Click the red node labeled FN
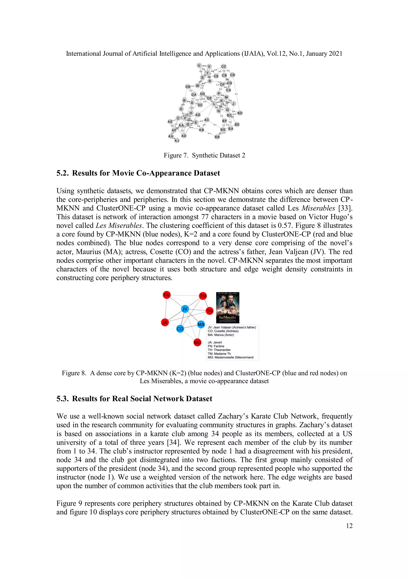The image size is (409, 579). pos(167,295)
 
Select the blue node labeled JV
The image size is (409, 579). pos(185,309)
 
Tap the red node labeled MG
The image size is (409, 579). pos(198,342)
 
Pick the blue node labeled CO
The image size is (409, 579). pos(180,329)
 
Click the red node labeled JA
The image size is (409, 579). pos(165,322)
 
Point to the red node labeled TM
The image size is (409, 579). pos(203,296)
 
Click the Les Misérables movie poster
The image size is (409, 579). pos(228,308)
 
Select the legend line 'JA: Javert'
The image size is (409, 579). pos(215,342)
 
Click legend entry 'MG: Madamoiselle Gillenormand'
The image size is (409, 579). pos(230,357)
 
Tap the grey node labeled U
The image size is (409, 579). pos(199,66)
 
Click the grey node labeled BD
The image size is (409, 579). pos(240,113)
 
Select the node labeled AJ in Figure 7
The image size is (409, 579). pos(177,141)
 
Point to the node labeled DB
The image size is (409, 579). pos(188,87)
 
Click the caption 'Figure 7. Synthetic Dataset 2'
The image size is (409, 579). pos(204,155)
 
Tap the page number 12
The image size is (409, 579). pos(349,526)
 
